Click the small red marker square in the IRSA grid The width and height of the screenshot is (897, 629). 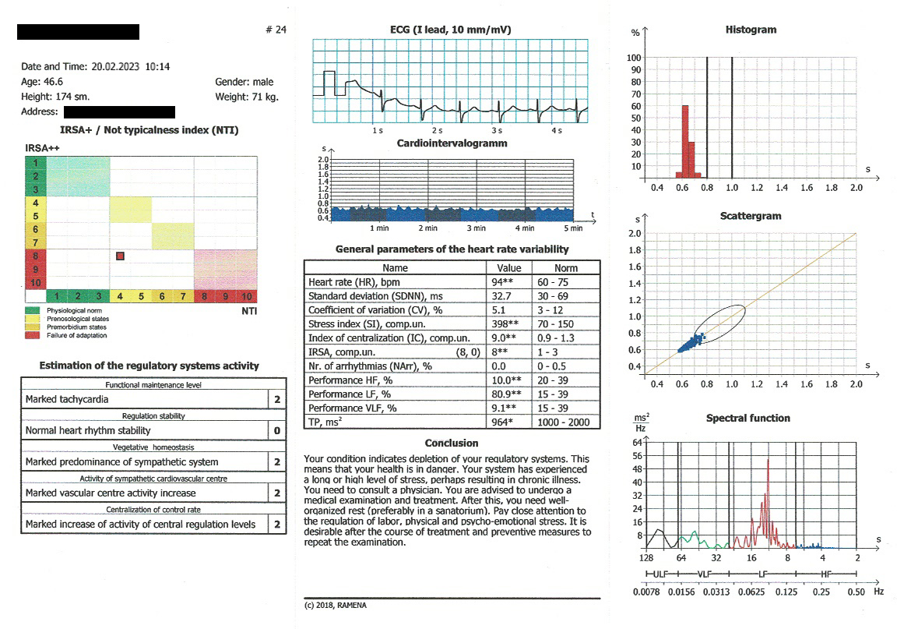pyautogui.click(x=120, y=255)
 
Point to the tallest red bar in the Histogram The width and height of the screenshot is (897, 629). pyautogui.click(x=685, y=141)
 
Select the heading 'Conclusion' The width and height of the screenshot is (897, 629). pyautogui.click(x=452, y=443)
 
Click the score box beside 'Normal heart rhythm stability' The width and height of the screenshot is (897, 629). pyautogui.click(x=277, y=430)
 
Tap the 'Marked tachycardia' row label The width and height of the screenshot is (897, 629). pyautogui.click(x=67, y=399)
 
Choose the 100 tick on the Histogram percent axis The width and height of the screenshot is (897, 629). pyautogui.click(x=634, y=58)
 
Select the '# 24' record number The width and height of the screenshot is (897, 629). pyautogui.click(x=276, y=30)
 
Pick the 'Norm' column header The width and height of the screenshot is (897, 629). pyautogui.click(x=568, y=267)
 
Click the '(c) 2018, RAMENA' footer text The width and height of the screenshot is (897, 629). pyautogui.click(x=335, y=605)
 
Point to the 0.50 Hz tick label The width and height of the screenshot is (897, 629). pyautogui.click(x=857, y=592)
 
